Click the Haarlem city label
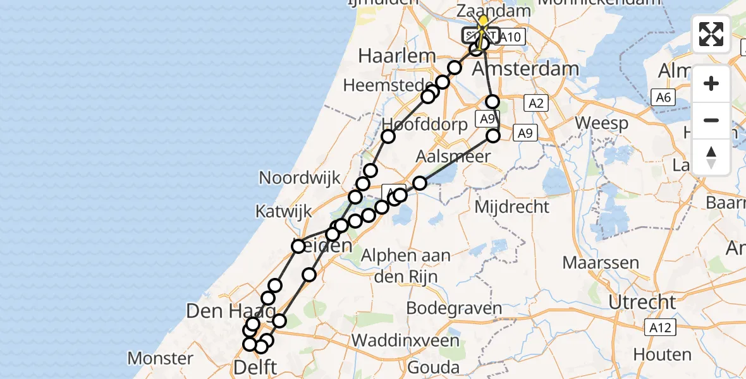click(x=397, y=56)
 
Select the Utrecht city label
click(x=642, y=302)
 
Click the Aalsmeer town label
click(x=454, y=156)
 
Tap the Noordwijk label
click(x=300, y=177)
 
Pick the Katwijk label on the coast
click(x=283, y=212)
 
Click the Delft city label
click(x=255, y=367)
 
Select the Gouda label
click(x=434, y=367)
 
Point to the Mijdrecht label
click(x=510, y=206)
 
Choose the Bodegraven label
click(x=454, y=309)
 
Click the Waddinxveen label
click(x=406, y=340)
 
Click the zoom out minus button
click(x=711, y=120)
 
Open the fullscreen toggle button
click(x=711, y=34)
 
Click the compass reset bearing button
click(x=711, y=156)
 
